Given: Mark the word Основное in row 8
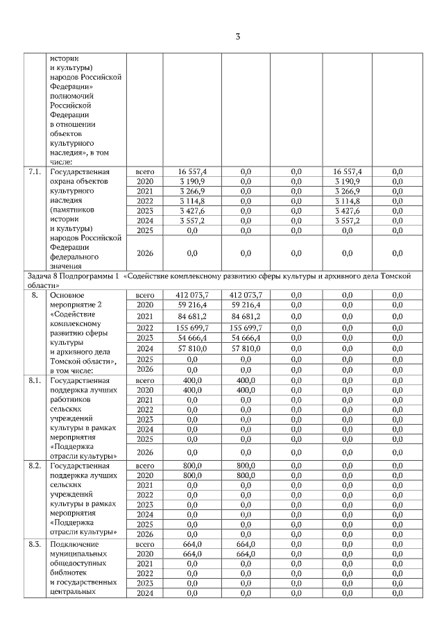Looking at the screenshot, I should (68, 295).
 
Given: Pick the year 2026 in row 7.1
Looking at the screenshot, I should (144, 253).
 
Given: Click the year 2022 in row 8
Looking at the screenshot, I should (144, 328).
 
